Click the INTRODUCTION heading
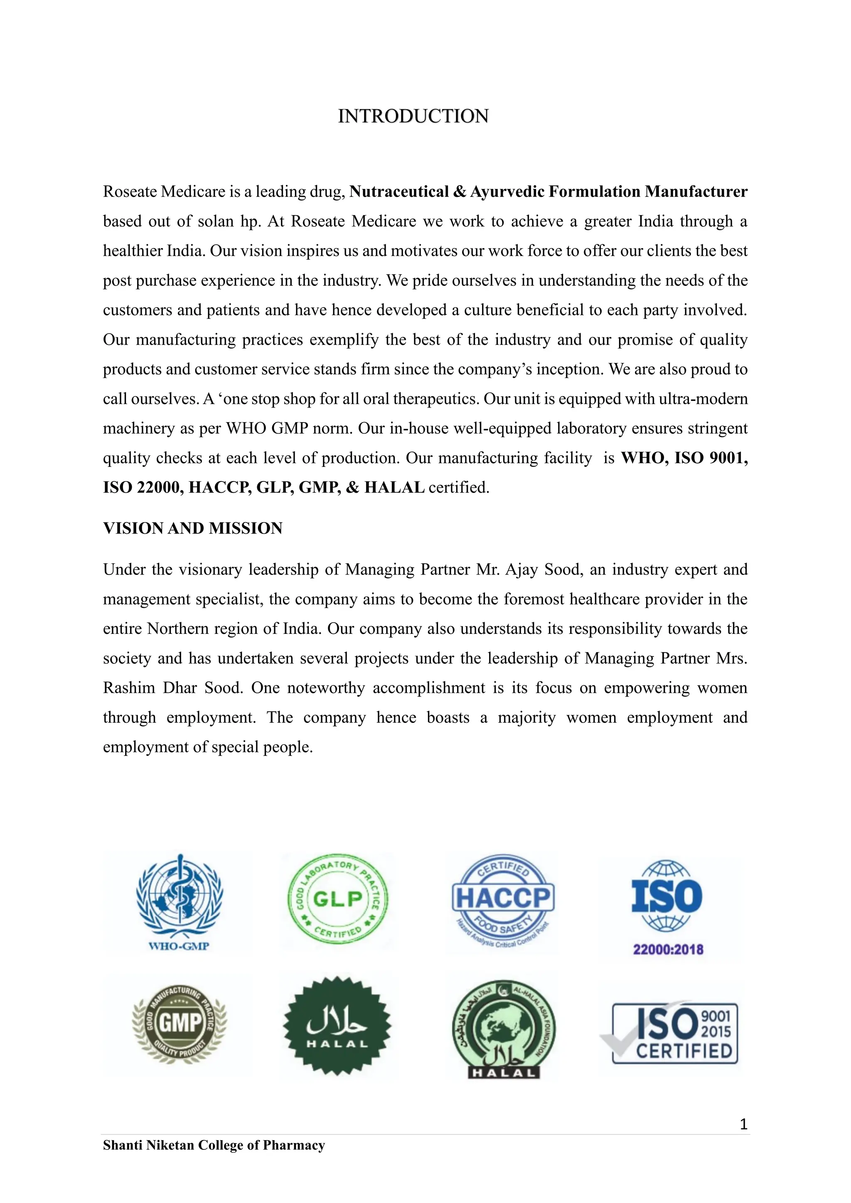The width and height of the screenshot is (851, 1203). pos(413,116)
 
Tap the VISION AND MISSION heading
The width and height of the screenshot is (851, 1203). pos(192,528)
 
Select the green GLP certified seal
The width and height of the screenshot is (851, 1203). pos(338,899)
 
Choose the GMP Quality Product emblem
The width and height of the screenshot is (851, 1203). pos(179,1022)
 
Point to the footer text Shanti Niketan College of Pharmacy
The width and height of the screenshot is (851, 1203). pos(214,1145)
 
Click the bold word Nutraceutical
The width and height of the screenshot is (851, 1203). pos(399,192)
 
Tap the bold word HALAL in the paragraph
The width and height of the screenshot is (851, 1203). pos(394,488)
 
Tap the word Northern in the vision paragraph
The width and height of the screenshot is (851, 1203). pos(177,629)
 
